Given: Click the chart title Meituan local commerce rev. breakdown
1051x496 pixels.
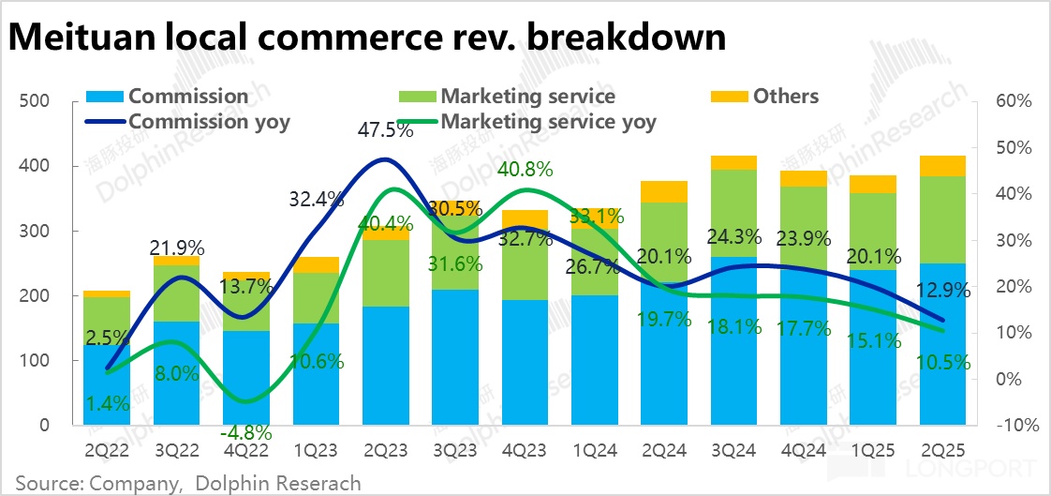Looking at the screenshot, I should [x=367, y=37].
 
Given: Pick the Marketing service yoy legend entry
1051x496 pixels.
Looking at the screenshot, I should [x=548, y=121].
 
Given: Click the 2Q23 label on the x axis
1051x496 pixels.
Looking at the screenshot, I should [x=386, y=450].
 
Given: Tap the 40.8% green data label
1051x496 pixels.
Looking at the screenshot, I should [x=525, y=170].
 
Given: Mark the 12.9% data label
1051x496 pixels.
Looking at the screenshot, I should [x=943, y=292].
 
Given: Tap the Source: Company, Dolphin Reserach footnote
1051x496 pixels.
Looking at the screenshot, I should [x=187, y=483].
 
